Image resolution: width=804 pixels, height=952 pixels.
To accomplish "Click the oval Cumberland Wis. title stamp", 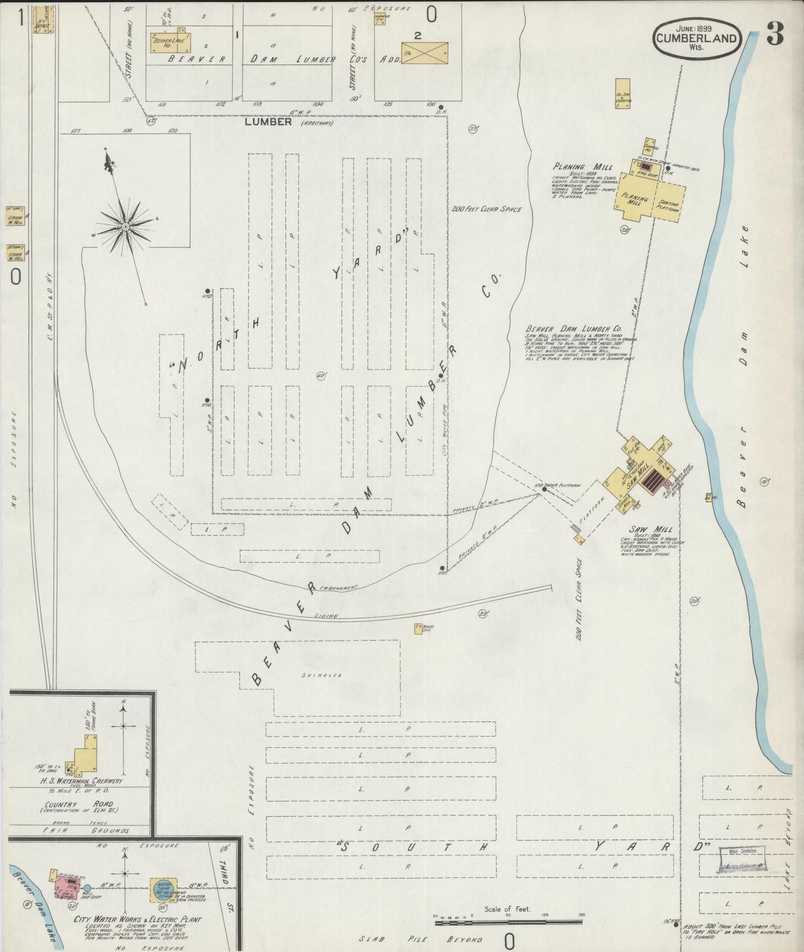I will (697, 39).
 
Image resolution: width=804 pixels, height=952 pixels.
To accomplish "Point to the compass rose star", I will (126, 226).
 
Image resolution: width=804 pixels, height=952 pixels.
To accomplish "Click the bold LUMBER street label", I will (268, 122).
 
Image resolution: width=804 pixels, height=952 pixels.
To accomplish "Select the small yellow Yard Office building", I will (418, 628).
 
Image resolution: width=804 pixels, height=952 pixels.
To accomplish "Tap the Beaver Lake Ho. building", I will (169, 42).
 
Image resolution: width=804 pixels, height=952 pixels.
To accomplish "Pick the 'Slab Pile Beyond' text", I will (420, 939).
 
